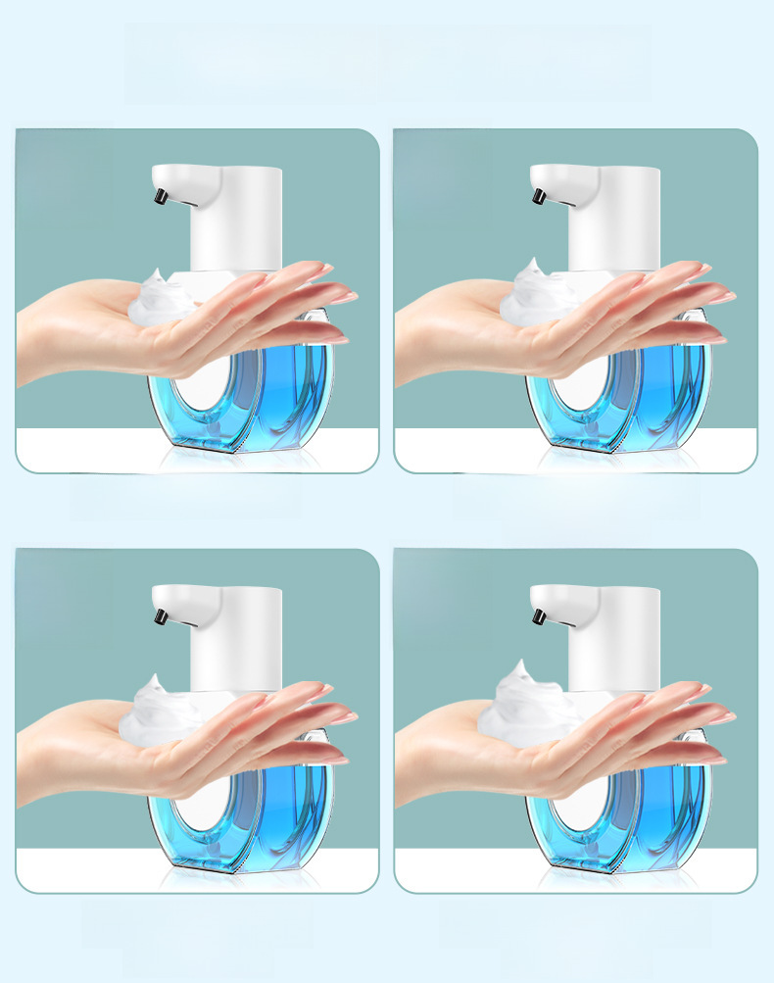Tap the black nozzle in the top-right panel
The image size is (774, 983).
(x=537, y=198)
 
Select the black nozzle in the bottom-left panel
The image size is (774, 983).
(x=159, y=617)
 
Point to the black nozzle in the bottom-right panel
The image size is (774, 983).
(x=537, y=617)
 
